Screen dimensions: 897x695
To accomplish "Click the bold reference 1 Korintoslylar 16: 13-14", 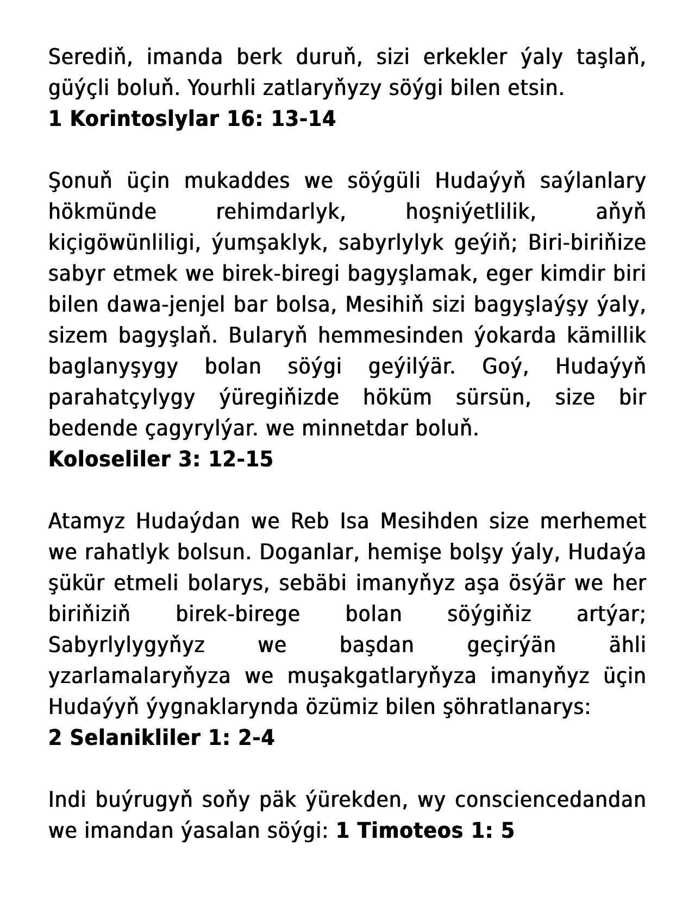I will point(192,119).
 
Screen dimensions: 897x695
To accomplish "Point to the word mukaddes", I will point(237,181).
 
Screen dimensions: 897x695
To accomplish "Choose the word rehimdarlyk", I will point(281,212).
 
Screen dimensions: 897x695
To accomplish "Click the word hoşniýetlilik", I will point(471,212).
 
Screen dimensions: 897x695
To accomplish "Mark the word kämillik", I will point(606,336).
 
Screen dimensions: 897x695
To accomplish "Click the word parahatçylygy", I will point(122,397).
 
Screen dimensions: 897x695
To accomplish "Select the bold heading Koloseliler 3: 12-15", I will point(160,459).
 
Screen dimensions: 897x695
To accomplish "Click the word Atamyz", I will point(86,521).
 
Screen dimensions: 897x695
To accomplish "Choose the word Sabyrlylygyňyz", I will point(127,645).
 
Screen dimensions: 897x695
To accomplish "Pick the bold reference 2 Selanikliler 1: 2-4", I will point(161,738).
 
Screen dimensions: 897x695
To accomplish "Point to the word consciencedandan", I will point(550,800).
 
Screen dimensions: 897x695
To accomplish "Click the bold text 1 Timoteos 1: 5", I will point(425,831).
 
